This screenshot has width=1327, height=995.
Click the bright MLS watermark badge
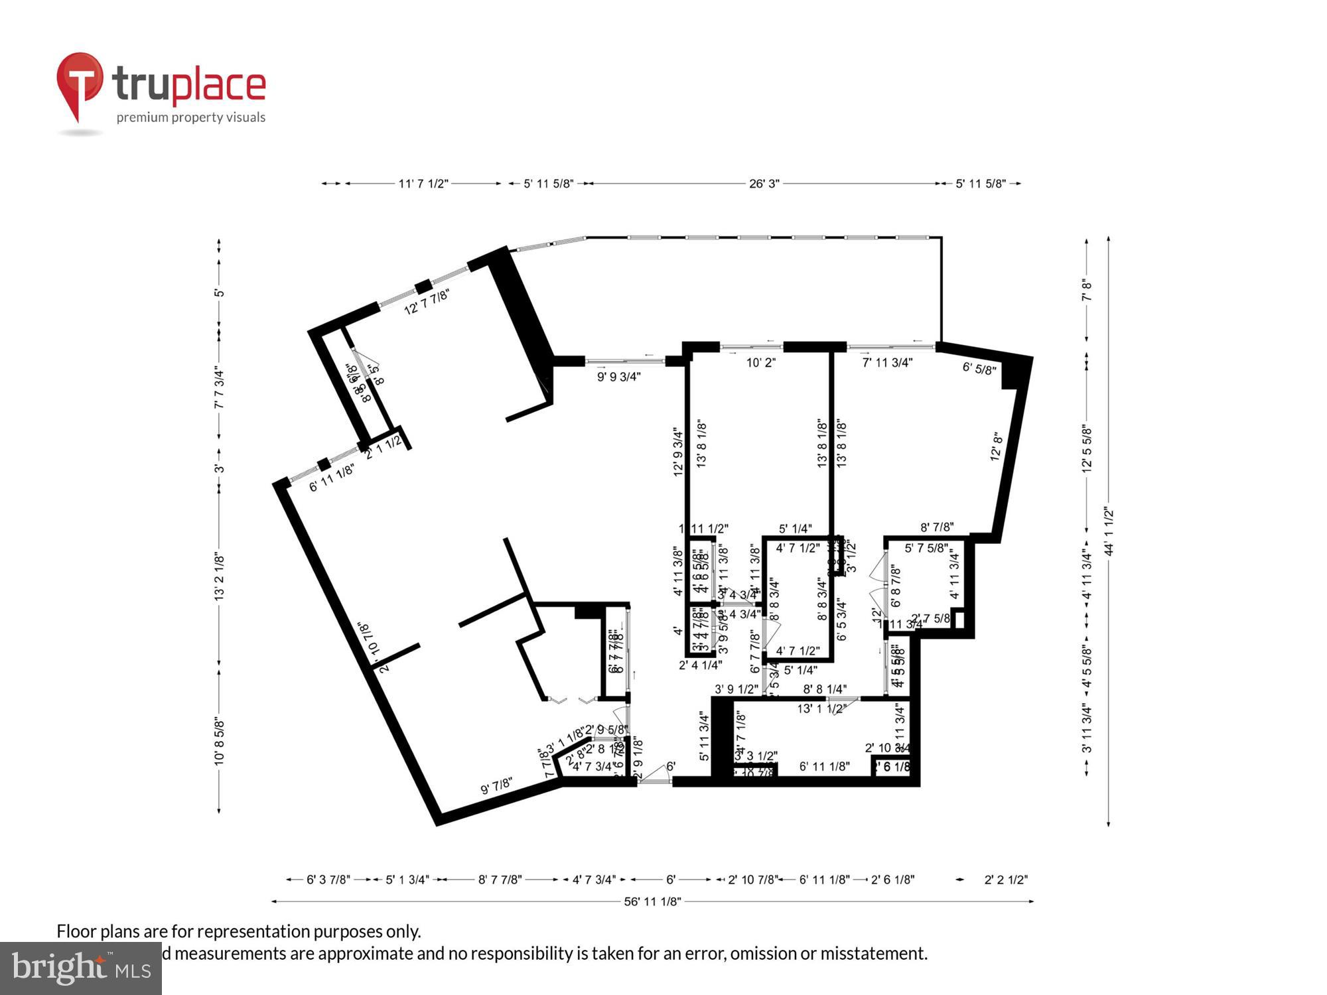pyautogui.click(x=80, y=968)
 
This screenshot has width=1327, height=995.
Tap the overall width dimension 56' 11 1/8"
pyautogui.click(x=652, y=901)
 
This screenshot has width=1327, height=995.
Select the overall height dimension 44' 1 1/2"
pyautogui.click(x=1109, y=531)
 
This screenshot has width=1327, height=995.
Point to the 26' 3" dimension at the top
pyautogui.click(x=764, y=184)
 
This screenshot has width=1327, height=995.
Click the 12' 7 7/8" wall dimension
pyautogui.click(x=427, y=301)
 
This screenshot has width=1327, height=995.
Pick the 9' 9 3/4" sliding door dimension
pyautogui.click(x=618, y=377)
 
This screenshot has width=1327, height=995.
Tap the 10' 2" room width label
pyautogui.click(x=760, y=363)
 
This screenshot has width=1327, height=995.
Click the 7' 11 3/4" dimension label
pyautogui.click(x=887, y=363)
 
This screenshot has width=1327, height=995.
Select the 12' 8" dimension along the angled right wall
pyautogui.click(x=996, y=446)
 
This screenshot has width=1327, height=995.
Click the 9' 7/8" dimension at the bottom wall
pyautogui.click(x=496, y=785)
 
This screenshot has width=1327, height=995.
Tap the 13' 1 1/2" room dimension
pyautogui.click(x=821, y=708)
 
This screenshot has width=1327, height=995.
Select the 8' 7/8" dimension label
pyautogui.click(x=937, y=527)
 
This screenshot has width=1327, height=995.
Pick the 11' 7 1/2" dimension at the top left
pyautogui.click(x=423, y=184)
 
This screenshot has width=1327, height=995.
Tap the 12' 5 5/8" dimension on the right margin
pyautogui.click(x=1086, y=448)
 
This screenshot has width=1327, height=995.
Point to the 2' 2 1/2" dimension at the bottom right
pyautogui.click(x=1005, y=880)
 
